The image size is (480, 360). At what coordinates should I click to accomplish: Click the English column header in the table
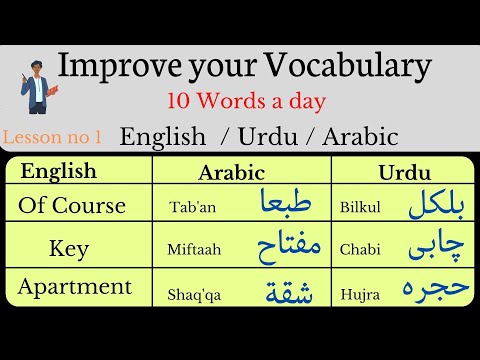tap(59, 171)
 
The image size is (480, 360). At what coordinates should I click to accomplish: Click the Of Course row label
tap(72, 206)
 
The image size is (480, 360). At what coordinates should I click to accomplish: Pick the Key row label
tap(68, 246)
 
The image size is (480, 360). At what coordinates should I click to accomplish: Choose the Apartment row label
tap(75, 287)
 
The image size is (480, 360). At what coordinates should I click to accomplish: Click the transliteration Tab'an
tap(191, 209)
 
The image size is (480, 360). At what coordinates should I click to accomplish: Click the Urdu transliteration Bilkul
tap(360, 209)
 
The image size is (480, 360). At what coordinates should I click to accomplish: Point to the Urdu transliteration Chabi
tap(359, 249)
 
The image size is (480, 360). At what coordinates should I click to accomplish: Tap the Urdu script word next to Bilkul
tap(437, 206)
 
